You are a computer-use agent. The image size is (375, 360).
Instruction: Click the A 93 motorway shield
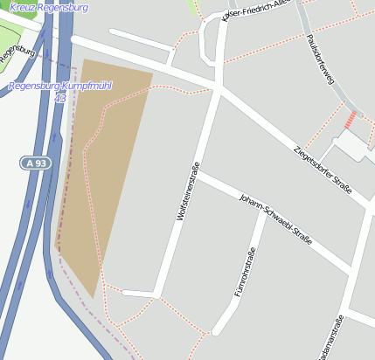(35, 163)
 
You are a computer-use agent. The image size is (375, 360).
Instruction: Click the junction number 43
(59, 98)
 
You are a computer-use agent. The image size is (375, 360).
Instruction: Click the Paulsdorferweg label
(322, 61)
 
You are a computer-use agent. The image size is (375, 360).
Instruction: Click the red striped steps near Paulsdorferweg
(351, 121)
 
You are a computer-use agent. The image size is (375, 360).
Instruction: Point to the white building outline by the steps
(353, 148)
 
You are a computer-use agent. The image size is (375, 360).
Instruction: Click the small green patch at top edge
(193, 8)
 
